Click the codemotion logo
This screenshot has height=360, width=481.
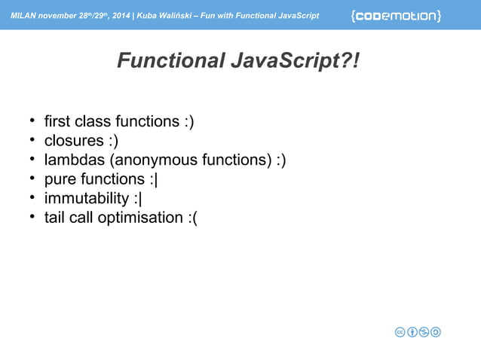click(x=396, y=15)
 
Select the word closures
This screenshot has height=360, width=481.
click(x=74, y=141)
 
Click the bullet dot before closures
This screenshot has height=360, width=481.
click(x=33, y=140)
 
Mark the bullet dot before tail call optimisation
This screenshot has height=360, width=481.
click(x=33, y=218)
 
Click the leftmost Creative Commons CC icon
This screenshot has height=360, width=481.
click(x=402, y=332)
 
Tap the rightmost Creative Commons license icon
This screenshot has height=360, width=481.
click(x=436, y=332)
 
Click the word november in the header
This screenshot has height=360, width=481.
click(x=57, y=16)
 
